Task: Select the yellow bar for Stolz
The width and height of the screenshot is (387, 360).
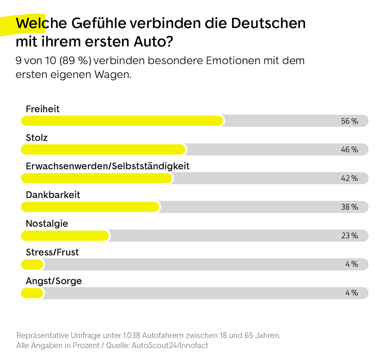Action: pyautogui.click(x=103, y=150)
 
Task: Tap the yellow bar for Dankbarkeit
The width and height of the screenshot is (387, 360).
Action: pyautogui.click(x=90, y=207)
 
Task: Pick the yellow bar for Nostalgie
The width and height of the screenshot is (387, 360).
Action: pyautogui.click(x=65, y=236)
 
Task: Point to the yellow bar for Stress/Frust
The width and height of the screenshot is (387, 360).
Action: pyautogui.click(x=32, y=264)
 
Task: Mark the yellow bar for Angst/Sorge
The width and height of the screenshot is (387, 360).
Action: pyautogui.click(x=32, y=293)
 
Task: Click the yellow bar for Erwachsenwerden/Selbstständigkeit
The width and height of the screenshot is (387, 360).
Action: pyautogui.click(x=97, y=178)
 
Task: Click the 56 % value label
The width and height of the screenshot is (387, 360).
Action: pyautogui.click(x=349, y=121)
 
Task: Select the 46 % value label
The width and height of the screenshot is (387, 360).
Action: pyautogui.click(x=349, y=150)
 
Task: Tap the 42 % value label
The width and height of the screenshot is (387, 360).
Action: pyautogui.click(x=349, y=178)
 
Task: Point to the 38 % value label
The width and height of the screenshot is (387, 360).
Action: pyautogui.click(x=349, y=207)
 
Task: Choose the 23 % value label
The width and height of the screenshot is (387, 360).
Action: pyautogui.click(x=349, y=236)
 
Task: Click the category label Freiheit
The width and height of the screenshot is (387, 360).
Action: pyautogui.click(x=43, y=109)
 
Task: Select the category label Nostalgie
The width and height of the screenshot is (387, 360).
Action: pyautogui.click(x=47, y=223)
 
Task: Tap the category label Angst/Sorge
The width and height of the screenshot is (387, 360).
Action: pyautogui.click(x=53, y=281)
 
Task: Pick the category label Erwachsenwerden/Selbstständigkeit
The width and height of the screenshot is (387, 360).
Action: pyautogui.click(x=108, y=166)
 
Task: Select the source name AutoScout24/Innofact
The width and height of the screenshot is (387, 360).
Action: pyautogui.click(x=170, y=346)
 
